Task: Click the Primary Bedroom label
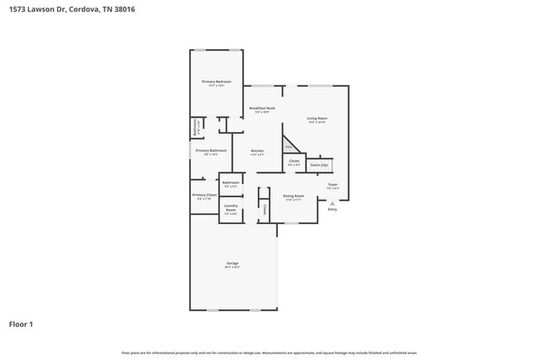[216, 81]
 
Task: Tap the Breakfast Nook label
[262, 109]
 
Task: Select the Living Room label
[317, 119]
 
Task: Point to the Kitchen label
[257, 150]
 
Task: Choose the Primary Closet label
[205, 194]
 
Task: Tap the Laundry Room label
[231, 207]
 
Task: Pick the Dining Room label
[294, 196]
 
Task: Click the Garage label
[233, 264]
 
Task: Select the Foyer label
[333, 184]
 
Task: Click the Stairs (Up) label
[319, 165]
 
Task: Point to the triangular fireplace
[289, 145]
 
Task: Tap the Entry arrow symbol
[333, 202]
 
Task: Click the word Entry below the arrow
[333, 209]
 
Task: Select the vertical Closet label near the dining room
[265, 210]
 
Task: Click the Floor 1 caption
[21, 324]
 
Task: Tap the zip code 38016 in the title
[123, 10]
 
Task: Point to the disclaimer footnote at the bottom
[269, 353]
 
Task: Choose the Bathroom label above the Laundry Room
[231, 182]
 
